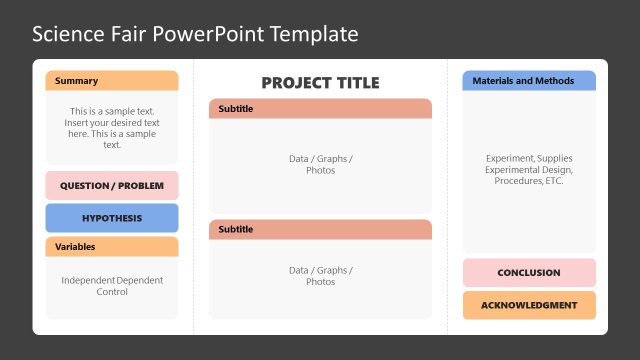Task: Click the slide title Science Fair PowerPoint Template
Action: (195, 34)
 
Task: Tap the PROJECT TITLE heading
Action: (320, 83)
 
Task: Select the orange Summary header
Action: (111, 81)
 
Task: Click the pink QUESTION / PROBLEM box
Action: (111, 185)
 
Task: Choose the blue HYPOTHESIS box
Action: (111, 218)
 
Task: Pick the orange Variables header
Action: (111, 246)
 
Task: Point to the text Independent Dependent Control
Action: (112, 286)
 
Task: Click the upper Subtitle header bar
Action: (320, 108)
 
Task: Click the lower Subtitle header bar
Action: (320, 229)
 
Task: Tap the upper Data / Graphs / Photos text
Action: (320, 164)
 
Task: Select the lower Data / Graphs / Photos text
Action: (320, 276)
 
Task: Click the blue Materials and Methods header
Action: (528, 81)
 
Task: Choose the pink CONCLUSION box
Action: (528, 272)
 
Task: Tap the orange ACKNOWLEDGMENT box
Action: (528, 305)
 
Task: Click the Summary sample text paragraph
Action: (111, 128)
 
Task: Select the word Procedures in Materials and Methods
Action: (517, 181)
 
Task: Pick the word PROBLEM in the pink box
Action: (140, 185)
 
